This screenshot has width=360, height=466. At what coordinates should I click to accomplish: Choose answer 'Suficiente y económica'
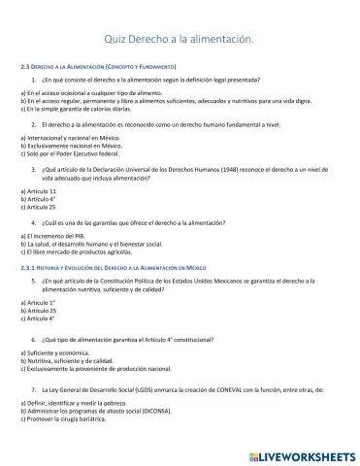58,351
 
